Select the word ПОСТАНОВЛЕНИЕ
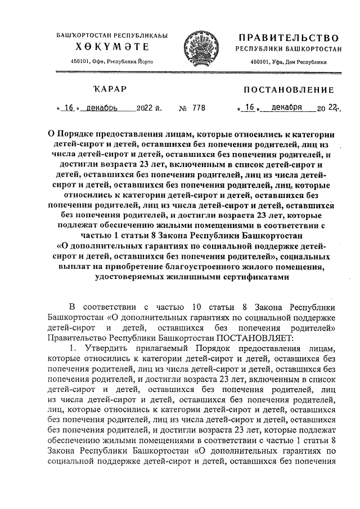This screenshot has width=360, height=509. (x=288, y=90)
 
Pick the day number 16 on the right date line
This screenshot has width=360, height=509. (x=248, y=107)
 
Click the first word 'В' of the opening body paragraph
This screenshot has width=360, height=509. (x=71, y=307)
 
